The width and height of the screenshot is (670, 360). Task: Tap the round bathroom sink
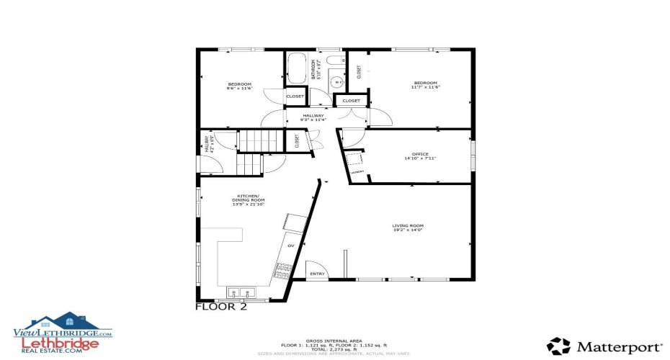click(338, 83)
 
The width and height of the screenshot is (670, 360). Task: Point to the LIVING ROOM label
click(408, 227)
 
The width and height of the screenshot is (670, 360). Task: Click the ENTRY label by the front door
click(317, 274)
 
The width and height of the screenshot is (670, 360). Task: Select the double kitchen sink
click(241, 293)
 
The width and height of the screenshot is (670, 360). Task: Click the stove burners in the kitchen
click(281, 271)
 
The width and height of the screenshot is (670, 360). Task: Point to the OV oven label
click(291, 246)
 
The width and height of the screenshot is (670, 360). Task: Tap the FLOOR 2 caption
click(221, 307)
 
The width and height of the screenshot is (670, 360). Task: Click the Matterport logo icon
click(558, 346)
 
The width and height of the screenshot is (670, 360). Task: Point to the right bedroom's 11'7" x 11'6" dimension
click(425, 87)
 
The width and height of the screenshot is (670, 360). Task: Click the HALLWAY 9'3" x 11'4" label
click(313, 117)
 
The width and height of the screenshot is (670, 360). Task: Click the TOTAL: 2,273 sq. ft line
click(334, 348)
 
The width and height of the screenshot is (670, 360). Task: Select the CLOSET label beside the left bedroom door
click(295, 96)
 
